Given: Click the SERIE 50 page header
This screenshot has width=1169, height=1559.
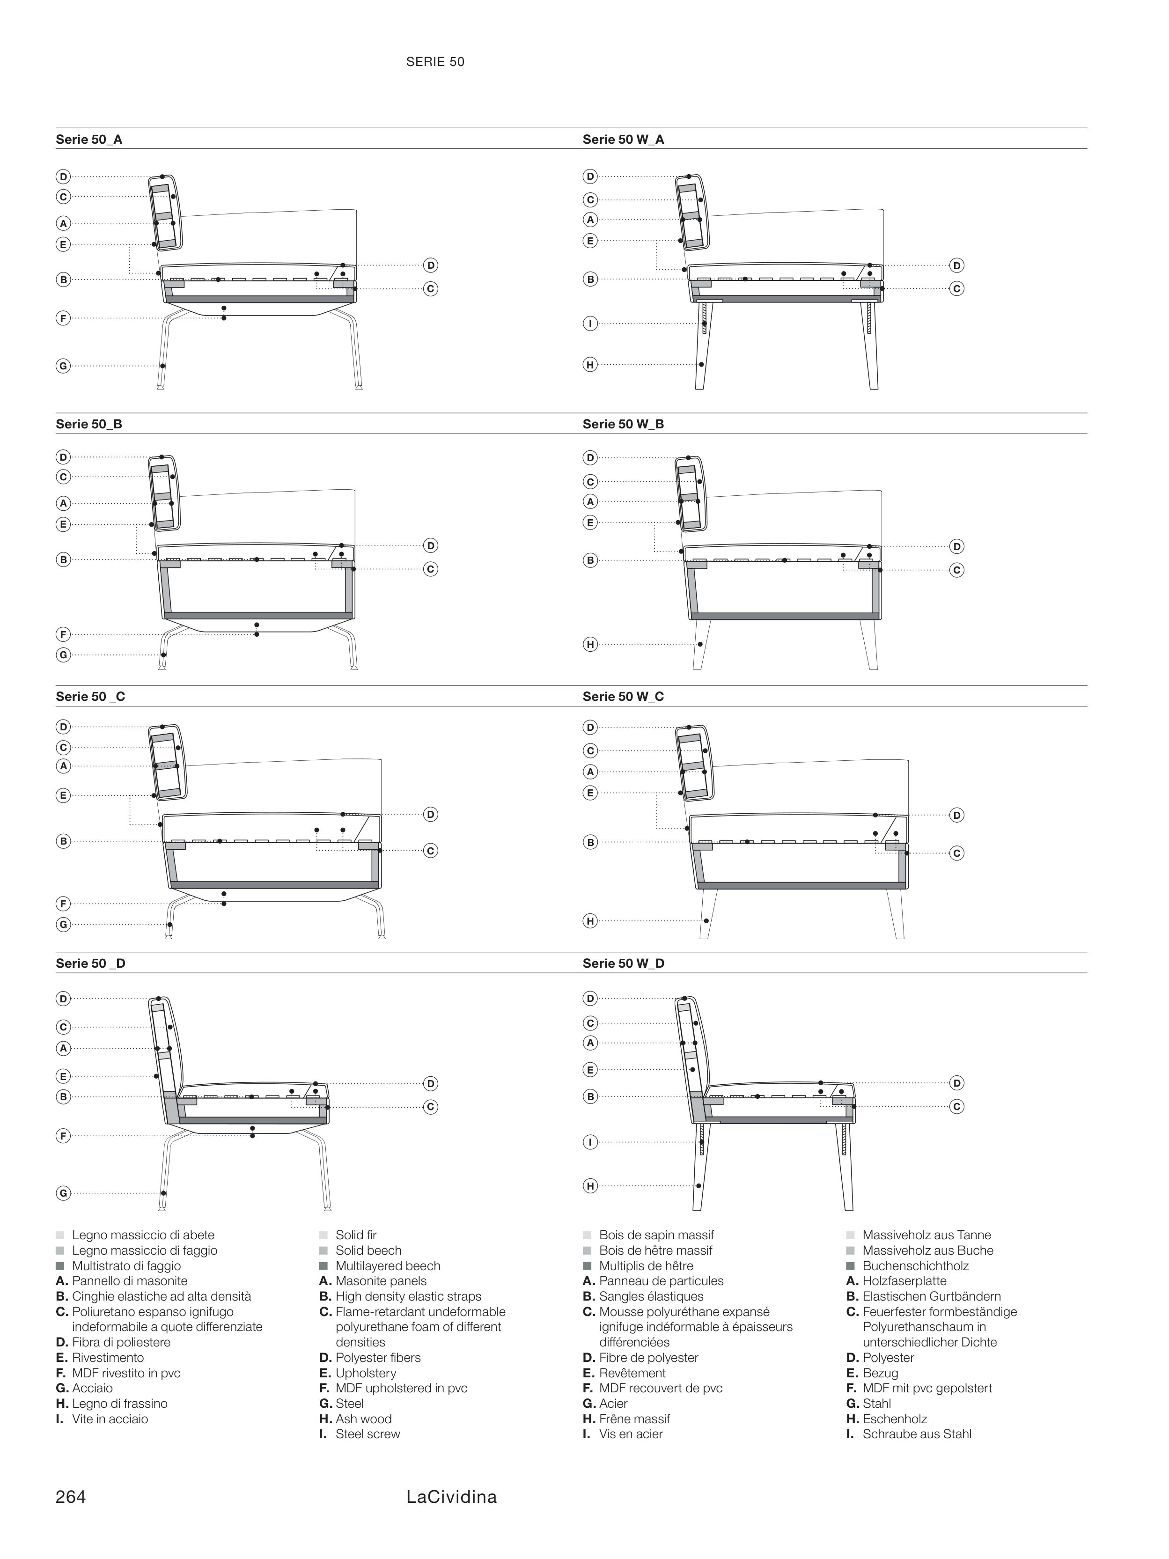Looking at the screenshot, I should (x=435, y=62).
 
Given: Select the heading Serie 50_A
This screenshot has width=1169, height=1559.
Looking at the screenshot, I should (x=89, y=140).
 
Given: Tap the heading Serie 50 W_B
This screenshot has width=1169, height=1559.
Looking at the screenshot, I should (x=623, y=424).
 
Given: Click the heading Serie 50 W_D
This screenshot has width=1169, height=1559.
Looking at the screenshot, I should (x=623, y=963).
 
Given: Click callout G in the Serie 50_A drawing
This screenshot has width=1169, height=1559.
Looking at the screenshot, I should (x=63, y=366).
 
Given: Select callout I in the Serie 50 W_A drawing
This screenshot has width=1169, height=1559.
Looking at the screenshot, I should (x=590, y=324).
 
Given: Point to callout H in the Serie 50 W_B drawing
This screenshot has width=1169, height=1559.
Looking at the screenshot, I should (x=590, y=644).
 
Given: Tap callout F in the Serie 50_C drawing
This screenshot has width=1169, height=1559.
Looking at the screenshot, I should (x=63, y=904).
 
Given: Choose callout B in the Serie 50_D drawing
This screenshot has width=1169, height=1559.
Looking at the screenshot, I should (x=63, y=1096).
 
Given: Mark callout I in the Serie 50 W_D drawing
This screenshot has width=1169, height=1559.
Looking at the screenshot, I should (x=590, y=1142).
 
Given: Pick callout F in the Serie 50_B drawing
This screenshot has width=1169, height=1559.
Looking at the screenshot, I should (x=63, y=634).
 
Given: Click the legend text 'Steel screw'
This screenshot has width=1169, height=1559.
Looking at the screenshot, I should (x=367, y=1434).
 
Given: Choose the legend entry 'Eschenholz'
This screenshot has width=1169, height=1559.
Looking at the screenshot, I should (x=894, y=1419).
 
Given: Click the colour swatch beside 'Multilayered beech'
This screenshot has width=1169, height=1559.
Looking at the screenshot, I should (x=323, y=1266).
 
